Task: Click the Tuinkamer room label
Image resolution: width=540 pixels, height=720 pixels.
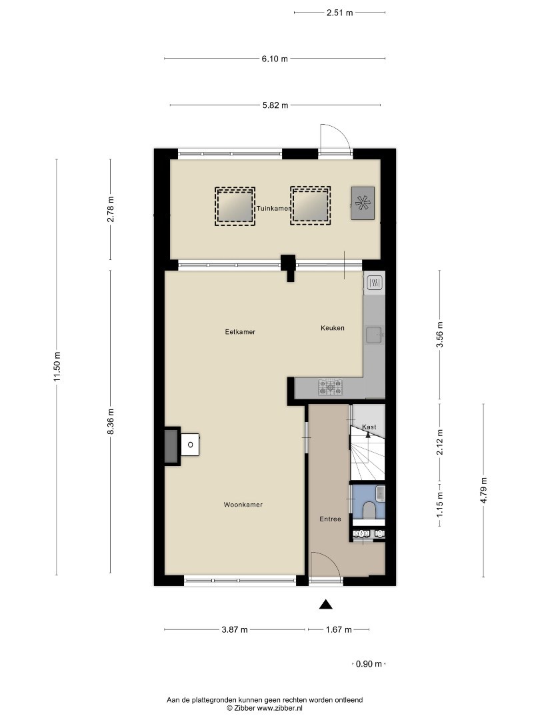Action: pos(274,209)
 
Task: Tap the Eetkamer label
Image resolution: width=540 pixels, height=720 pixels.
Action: pos(240,331)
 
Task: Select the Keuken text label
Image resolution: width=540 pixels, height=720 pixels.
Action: pos(333,328)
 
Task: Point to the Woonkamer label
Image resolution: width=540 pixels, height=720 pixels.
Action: pos(243,505)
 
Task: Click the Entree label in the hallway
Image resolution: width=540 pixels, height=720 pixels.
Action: pos(330,519)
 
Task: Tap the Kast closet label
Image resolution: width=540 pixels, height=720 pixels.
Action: pos(369,427)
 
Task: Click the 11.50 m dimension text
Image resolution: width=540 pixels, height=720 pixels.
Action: pos(57,367)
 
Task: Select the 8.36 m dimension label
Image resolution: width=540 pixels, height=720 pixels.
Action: pos(110,421)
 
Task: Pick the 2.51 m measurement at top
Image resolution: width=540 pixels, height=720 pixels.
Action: pos(340,13)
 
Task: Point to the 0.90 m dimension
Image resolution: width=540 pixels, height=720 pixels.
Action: pos(369,663)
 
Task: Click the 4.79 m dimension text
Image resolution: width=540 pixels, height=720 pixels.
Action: pos(483,490)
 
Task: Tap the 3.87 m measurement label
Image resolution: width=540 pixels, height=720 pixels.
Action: pos(235,629)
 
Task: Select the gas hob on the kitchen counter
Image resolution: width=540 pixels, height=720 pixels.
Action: pos(331,387)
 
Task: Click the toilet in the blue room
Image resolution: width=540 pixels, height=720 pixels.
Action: pos(369,510)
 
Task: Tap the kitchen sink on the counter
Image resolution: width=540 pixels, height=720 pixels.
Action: pos(374,335)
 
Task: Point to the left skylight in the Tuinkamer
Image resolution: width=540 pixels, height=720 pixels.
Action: pos(235,206)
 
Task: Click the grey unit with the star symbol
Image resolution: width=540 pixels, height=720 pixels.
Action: pos(363,203)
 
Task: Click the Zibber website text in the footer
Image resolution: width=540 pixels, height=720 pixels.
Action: pos(265,708)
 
